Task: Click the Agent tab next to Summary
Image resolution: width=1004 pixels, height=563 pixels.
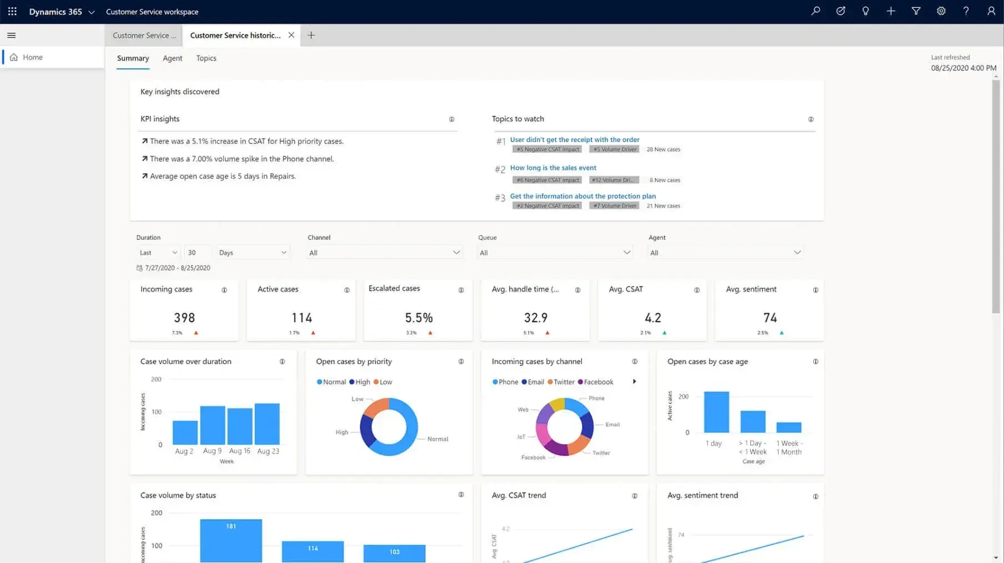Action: pyautogui.click(x=172, y=58)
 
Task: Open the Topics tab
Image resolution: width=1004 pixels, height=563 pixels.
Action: pyautogui.click(x=206, y=58)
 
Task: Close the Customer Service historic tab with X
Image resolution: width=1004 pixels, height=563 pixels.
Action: pyautogui.click(x=291, y=35)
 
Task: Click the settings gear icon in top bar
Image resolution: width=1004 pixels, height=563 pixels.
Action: pyautogui.click(x=941, y=11)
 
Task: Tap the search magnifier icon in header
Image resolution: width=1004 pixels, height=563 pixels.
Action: pyautogui.click(x=815, y=11)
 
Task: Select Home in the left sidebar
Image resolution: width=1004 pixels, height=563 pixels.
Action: pyautogui.click(x=32, y=57)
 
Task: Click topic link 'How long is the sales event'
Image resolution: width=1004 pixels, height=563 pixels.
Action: pyautogui.click(x=553, y=168)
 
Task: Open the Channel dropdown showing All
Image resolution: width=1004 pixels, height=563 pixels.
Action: pyautogui.click(x=384, y=253)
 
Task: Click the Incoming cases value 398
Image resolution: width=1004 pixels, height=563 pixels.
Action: pyautogui.click(x=184, y=318)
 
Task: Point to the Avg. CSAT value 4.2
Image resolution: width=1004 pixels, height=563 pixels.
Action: pyautogui.click(x=652, y=318)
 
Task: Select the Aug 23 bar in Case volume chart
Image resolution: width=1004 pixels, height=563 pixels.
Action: pyautogui.click(x=267, y=424)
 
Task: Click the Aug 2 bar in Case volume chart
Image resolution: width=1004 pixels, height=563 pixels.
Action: pyautogui.click(x=185, y=432)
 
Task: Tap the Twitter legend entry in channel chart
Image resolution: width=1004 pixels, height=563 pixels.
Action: pyautogui.click(x=563, y=382)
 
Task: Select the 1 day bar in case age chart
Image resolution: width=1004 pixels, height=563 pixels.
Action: pyautogui.click(x=716, y=412)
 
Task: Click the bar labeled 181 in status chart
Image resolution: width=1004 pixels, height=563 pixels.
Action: pyautogui.click(x=231, y=540)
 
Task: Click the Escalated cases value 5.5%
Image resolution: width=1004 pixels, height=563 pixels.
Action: pyautogui.click(x=419, y=318)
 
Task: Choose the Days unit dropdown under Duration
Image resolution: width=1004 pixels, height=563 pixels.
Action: pyautogui.click(x=253, y=253)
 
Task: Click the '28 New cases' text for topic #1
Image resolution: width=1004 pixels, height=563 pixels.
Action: pyautogui.click(x=663, y=149)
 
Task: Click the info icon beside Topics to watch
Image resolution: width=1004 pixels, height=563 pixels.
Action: pyautogui.click(x=811, y=119)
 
